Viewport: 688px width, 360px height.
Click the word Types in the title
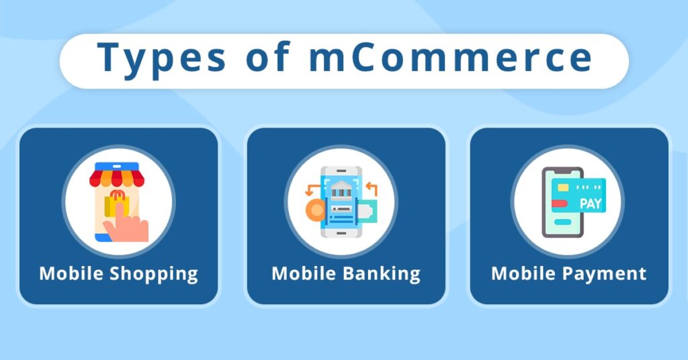161,59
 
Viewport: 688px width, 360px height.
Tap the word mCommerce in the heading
451,58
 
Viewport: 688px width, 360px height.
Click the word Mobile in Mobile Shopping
71,274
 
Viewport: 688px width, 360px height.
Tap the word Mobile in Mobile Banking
304,274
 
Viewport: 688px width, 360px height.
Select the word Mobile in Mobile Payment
524,274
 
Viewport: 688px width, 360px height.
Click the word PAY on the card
590,203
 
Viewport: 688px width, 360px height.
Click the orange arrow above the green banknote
372,189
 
